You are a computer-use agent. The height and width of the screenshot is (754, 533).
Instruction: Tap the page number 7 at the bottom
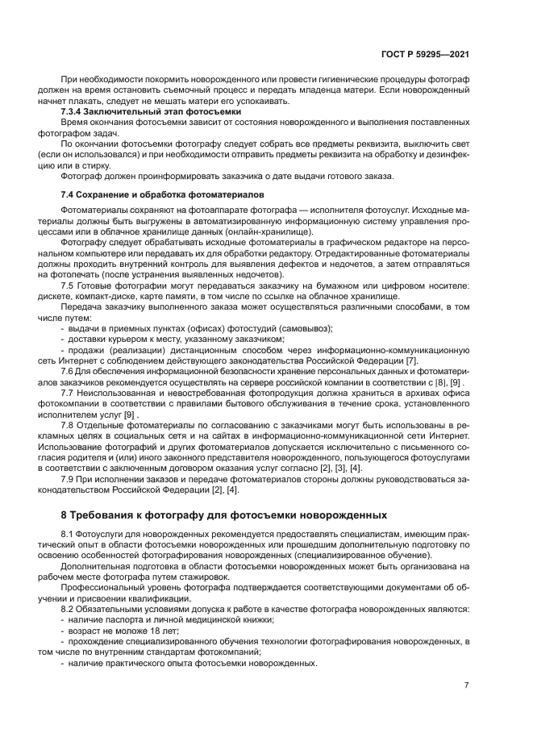(466, 685)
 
